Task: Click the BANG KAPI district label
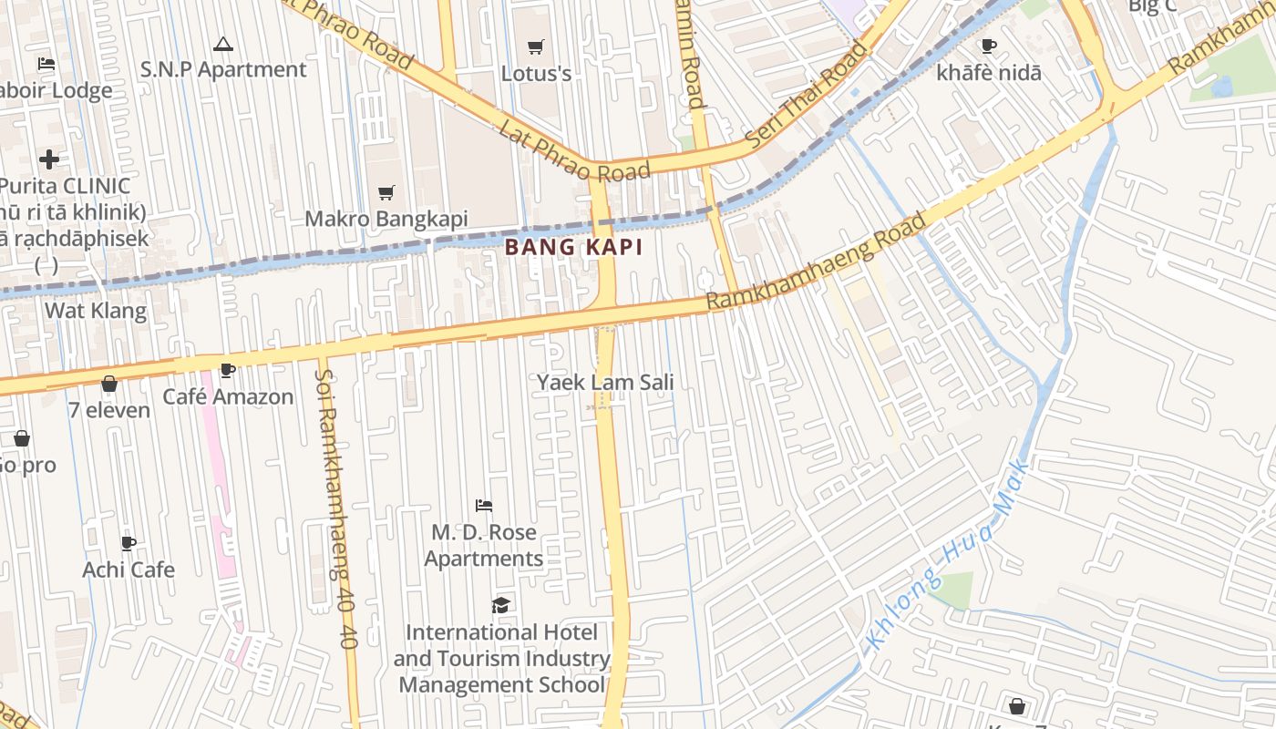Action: pos(573,247)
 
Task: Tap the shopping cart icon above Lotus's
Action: pos(536,46)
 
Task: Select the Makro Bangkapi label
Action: pos(386,219)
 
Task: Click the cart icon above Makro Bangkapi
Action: pos(386,192)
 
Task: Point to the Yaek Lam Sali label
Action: pos(605,382)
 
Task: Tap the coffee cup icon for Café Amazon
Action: pos(228,370)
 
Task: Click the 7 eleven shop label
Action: pos(109,410)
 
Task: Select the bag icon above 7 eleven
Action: pos(109,384)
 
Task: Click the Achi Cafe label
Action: pos(129,570)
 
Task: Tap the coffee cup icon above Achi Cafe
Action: pos(129,543)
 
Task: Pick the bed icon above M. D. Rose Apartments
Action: pos(484,505)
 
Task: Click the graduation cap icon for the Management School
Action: pos(500,605)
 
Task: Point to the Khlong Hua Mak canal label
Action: pos(948,556)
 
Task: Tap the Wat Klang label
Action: pos(96,311)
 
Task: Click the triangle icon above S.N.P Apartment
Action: pos(222,44)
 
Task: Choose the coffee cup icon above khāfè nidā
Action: pos(988,46)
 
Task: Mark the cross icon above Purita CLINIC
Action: pos(49,159)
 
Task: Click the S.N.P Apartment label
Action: pos(222,69)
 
